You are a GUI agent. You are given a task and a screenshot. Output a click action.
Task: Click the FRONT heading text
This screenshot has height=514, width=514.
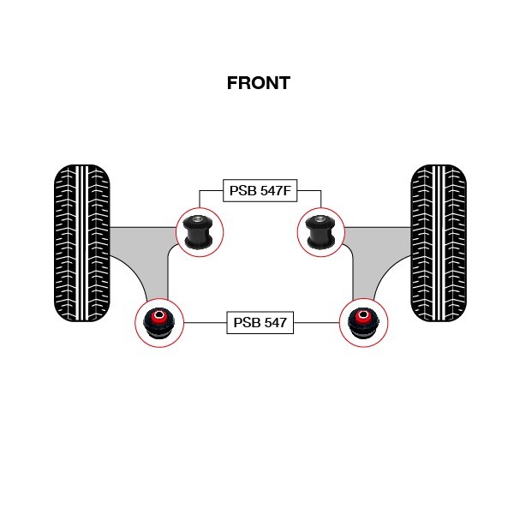(258, 83)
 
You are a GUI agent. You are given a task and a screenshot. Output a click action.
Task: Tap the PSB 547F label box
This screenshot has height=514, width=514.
(260, 190)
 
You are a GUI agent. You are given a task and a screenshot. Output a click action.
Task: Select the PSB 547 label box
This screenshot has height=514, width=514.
(260, 323)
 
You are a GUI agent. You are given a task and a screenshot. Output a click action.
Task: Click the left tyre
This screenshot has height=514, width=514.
(81, 242)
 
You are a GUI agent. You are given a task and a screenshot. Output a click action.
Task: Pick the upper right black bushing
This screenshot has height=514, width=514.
(320, 230)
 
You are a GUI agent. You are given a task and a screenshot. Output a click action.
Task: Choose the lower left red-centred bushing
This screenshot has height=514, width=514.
(159, 323)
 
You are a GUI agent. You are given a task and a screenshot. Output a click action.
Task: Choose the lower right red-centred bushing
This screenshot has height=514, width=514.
(362, 323)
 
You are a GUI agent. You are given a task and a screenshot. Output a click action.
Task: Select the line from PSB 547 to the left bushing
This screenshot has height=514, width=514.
(205, 323)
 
